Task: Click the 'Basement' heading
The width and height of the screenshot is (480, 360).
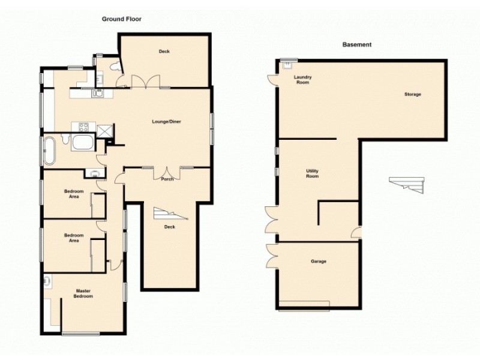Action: [x=357, y=44]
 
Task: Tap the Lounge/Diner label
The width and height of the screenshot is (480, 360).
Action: [x=166, y=122]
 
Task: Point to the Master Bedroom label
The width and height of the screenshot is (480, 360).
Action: [x=83, y=293]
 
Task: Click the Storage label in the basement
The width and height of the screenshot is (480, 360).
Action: [x=412, y=94]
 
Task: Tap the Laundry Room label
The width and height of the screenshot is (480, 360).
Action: [x=302, y=80]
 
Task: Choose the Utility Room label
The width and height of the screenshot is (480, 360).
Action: [x=312, y=173]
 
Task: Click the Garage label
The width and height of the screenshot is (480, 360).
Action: [x=318, y=262]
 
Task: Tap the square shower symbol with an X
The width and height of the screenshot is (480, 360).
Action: [x=104, y=128]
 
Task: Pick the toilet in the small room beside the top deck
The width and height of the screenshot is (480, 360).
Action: [x=100, y=78]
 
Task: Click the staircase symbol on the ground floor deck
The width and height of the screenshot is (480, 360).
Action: [x=166, y=214]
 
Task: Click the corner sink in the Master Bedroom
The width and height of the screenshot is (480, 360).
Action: [x=47, y=280]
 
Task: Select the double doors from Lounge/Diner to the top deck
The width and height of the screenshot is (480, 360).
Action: [x=146, y=83]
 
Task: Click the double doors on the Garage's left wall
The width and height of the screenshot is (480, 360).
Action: [x=272, y=256]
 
